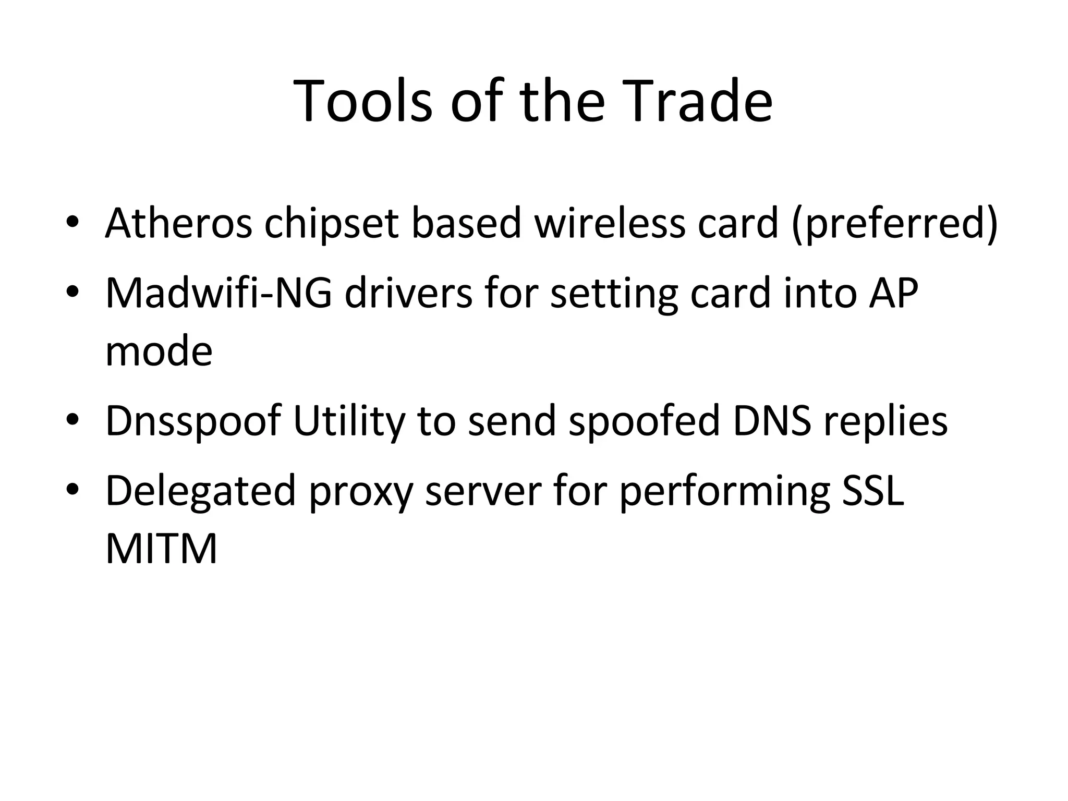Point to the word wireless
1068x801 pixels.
tap(610, 223)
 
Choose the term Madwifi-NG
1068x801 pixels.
tap(219, 293)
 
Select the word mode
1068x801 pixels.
tap(159, 351)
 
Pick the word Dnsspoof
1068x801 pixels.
tap(193, 421)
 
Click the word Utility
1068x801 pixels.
tap(349, 421)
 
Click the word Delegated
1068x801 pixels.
tap(201, 491)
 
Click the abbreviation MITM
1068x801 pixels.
tap(161, 549)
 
